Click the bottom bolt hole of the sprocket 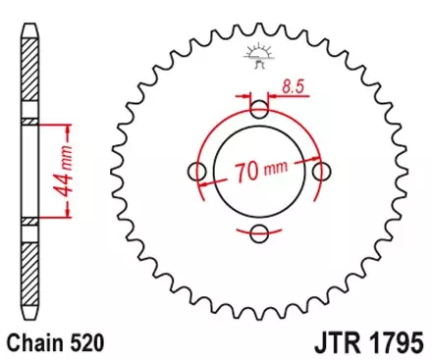click(x=260, y=232)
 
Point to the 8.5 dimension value click(x=292, y=87)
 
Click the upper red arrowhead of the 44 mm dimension click(x=68, y=127)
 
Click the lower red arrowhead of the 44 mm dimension click(x=68, y=217)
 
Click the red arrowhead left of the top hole click(x=244, y=97)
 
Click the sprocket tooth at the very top click(x=260, y=31)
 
